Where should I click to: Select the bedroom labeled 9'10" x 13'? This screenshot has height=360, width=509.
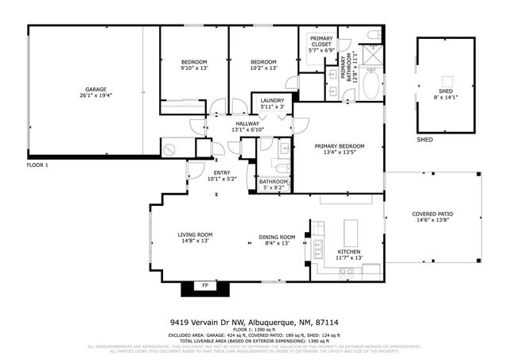click(x=193, y=62)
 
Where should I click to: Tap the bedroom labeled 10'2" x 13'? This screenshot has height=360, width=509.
click(x=263, y=62)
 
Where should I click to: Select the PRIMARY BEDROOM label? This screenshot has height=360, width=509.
click(x=339, y=146)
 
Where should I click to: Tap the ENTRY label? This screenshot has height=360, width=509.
click(x=222, y=172)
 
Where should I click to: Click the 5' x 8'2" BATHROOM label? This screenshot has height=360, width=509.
click(x=273, y=182)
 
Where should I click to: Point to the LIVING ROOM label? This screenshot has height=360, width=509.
click(x=194, y=234)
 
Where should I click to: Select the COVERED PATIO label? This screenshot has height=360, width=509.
click(x=432, y=215)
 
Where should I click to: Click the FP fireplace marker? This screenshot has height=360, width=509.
click(x=204, y=285)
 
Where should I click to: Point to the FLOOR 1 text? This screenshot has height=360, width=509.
click(x=37, y=165)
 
